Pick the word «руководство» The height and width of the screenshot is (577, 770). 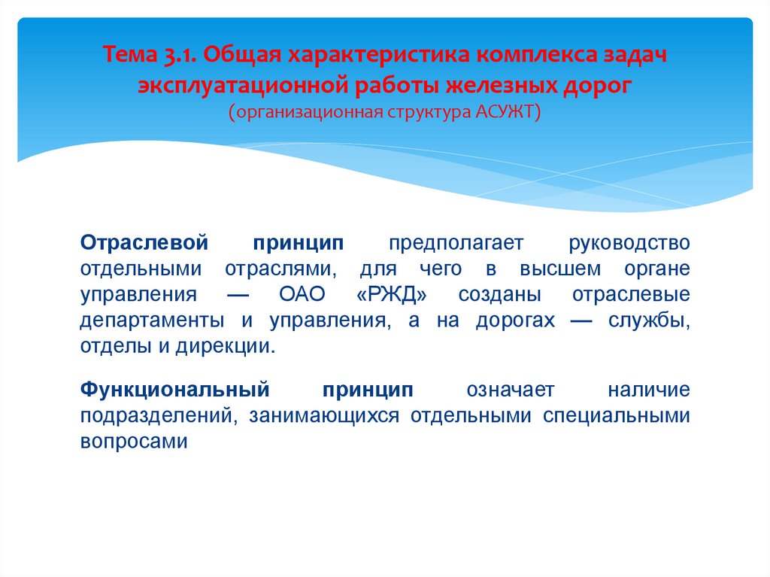point(629,243)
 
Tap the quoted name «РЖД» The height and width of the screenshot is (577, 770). point(391,294)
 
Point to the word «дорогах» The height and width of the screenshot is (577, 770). point(517,320)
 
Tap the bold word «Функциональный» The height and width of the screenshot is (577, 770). point(174,390)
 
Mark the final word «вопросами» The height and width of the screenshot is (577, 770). point(132,442)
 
